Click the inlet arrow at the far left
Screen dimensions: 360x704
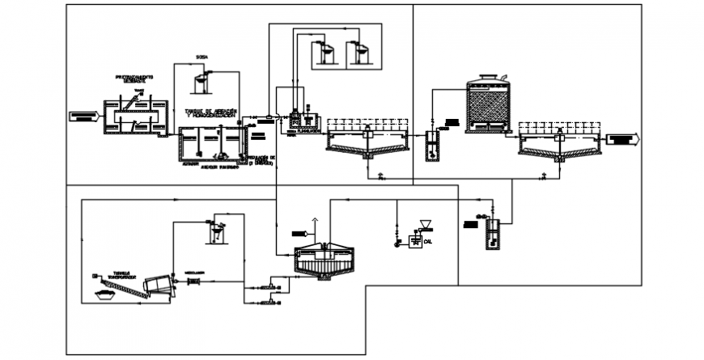pos(84,116)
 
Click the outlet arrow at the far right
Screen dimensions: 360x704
pos(625,139)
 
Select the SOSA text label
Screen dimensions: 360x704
pos(202,57)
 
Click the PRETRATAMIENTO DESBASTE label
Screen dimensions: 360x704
pos(134,78)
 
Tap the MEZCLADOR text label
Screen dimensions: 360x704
pos(195,272)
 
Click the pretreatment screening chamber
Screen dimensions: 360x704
pos(135,116)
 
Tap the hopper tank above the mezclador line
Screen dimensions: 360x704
pos(216,230)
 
